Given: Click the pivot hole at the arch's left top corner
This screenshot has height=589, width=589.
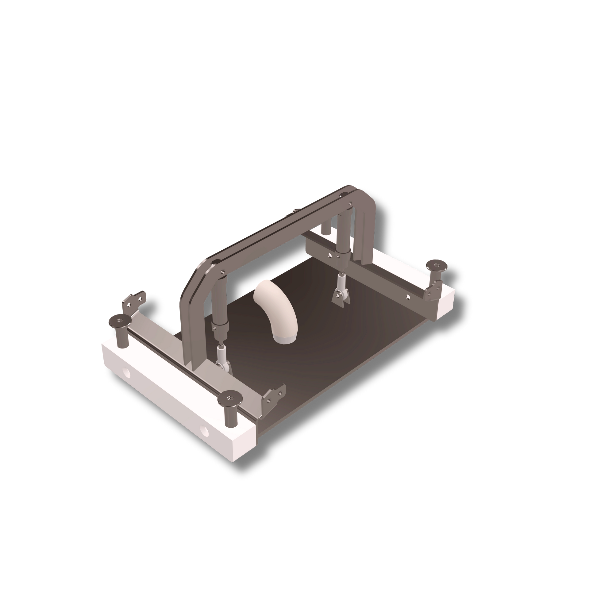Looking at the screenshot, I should point(221,271).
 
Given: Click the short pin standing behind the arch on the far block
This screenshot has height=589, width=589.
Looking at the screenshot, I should point(326,229).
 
